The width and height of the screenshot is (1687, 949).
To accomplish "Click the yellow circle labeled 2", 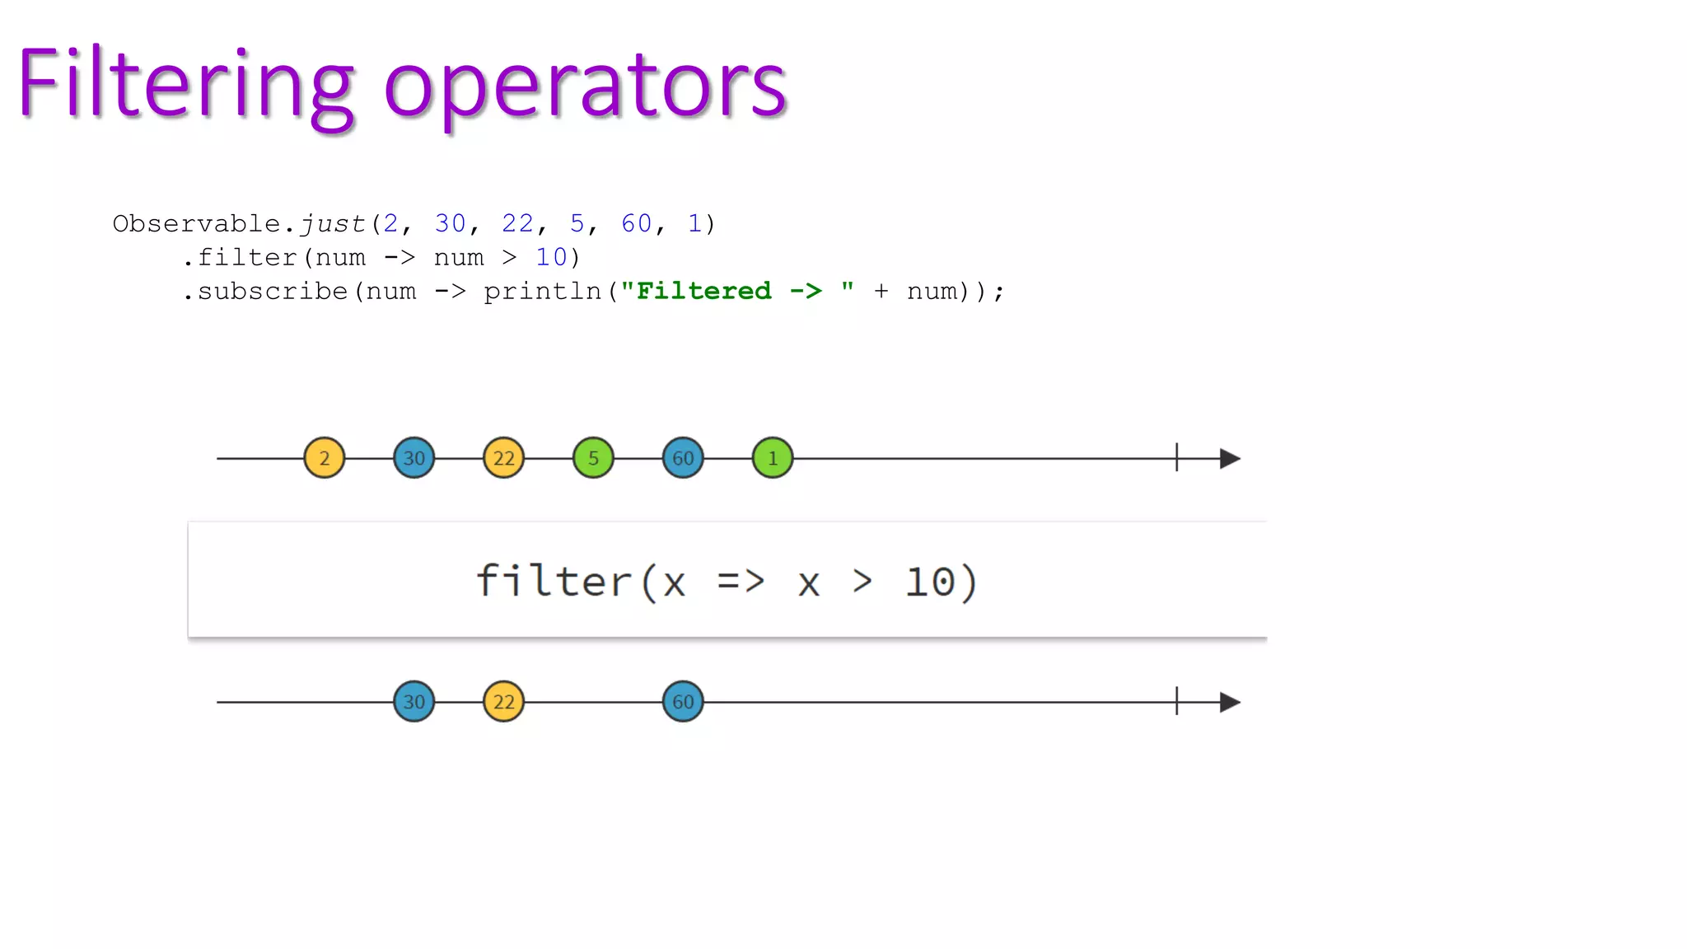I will click(325, 458).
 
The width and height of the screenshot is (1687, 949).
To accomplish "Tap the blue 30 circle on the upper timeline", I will click(414, 458).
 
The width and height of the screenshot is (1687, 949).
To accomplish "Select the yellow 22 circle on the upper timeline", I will click(504, 458).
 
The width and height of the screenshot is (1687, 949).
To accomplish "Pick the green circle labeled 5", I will click(593, 458).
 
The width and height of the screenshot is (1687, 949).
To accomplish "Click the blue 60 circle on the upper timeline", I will click(683, 458).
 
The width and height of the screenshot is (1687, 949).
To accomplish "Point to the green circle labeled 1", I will click(773, 458).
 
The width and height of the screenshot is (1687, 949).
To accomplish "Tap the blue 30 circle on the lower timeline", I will click(414, 702).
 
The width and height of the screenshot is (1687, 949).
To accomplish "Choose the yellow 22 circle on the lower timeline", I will click(504, 702).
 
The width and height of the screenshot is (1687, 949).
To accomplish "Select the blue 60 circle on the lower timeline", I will click(683, 702).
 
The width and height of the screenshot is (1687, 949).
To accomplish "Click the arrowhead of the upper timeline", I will click(1230, 458).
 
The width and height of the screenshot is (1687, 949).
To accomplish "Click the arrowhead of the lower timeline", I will click(1230, 702).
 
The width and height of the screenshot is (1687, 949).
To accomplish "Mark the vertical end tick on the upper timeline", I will click(1177, 457).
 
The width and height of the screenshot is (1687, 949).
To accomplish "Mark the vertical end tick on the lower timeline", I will click(1177, 701).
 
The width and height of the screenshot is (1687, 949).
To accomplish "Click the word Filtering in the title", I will click(186, 85).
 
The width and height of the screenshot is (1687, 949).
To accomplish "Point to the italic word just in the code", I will click(333, 224).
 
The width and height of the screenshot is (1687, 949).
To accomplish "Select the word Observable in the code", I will click(197, 224).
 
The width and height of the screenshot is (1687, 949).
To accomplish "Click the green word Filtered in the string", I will click(703, 291).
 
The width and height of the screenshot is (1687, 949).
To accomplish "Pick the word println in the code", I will click(542, 292).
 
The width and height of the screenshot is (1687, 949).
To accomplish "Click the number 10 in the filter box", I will click(930, 582).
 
